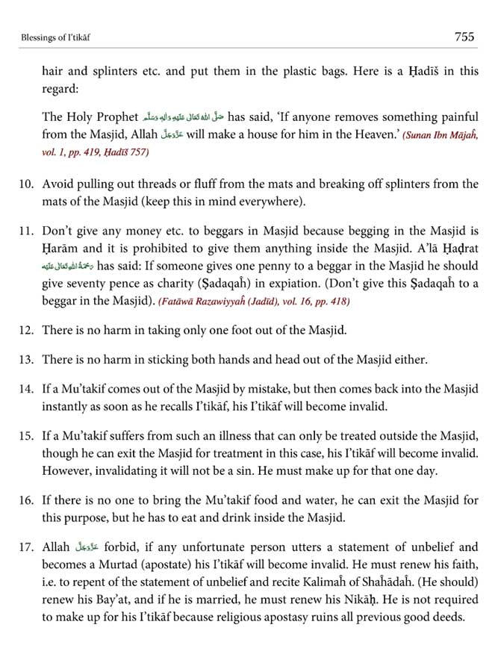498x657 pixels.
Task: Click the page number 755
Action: coord(464,36)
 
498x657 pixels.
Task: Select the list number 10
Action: coord(28,184)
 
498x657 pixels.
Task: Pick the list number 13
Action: coord(28,360)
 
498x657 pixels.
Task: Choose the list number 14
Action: coord(28,388)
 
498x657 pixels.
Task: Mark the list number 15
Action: coord(28,435)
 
